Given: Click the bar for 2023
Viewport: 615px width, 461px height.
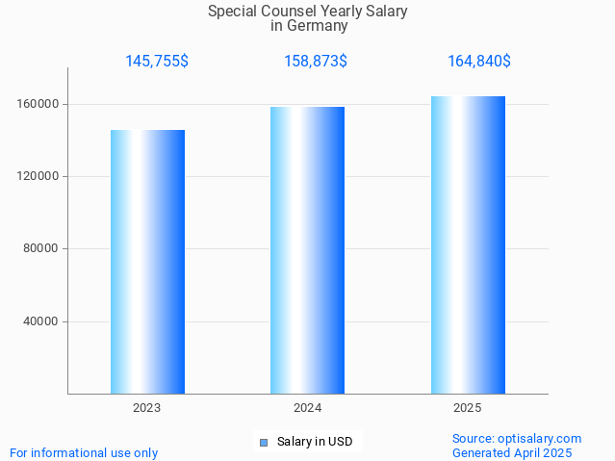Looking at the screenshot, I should coord(147,262).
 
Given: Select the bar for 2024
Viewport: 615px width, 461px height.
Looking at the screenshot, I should coord(307,250).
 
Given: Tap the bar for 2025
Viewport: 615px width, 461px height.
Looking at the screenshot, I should coord(467,245).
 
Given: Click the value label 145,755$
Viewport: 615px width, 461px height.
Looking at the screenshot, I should coord(157,61).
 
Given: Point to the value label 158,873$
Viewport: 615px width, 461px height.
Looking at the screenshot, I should coord(316,61).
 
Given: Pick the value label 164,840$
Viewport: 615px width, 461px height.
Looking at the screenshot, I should coord(478,61).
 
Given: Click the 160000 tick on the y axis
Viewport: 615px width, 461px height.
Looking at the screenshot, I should coord(39,104).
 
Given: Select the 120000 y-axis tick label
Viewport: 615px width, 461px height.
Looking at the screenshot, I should coord(39,176).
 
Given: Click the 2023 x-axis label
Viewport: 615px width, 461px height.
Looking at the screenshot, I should coord(147,408).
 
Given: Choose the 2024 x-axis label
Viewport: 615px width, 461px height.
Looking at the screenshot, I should coord(307,408).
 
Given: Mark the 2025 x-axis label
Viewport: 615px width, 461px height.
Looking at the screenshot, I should coord(467,408).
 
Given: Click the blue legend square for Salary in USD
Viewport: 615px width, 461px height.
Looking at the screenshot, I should coord(263,443).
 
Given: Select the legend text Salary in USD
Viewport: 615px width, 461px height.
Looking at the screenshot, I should coord(315,443).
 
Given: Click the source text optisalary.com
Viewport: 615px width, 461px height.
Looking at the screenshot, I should coord(541,438).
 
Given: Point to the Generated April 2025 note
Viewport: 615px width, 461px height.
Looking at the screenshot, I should coord(512,452).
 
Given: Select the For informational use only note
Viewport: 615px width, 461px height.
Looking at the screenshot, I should coord(84,452).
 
